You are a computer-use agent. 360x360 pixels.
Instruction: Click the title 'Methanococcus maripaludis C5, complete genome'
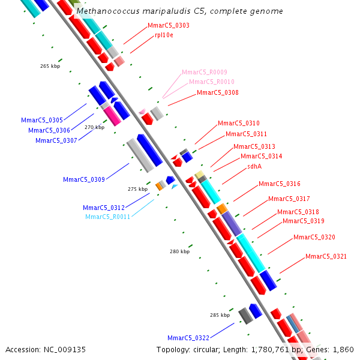(x=179, y=11)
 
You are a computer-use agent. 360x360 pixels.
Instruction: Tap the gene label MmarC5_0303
(x=169, y=26)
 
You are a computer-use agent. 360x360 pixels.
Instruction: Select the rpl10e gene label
(x=164, y=35)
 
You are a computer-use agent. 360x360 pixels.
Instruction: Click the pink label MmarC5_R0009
(x=205, y=72)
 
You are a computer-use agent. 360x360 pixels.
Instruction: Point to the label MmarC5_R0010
(x=212, y=82)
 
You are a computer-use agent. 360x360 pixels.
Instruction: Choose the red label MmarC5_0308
(x=218, y=93)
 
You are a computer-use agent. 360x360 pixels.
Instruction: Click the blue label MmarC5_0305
(x=42, y=121)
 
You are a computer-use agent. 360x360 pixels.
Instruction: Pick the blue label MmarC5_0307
(x=56, y=140)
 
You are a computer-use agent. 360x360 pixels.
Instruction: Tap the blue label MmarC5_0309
(x=84, y=179)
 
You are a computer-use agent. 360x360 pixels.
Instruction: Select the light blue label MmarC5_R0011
(x=106, y=217)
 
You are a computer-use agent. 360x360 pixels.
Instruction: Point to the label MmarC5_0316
(x=280, y=184)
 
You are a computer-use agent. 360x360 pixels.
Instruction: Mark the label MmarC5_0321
(x=326, y=257)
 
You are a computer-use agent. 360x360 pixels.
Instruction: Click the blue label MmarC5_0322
(x=188, y=338)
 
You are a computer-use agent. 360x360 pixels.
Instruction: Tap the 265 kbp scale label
(x=50, y=67)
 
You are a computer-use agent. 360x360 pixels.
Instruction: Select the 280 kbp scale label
(x=179, y=252)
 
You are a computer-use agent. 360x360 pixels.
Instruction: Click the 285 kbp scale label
(x=220, y=315)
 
